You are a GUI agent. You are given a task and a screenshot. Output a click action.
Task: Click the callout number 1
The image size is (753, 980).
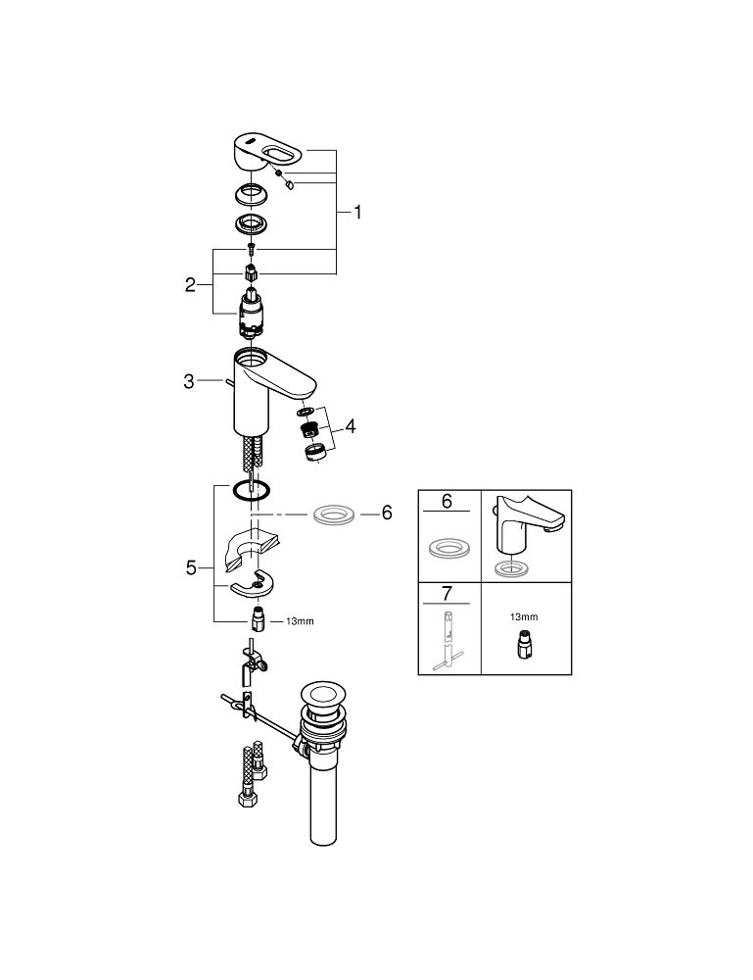pyautogui.click(x=358, y=212)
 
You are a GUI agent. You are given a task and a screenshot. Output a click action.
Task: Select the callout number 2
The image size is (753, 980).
pyautogui.click(x=191, y=285)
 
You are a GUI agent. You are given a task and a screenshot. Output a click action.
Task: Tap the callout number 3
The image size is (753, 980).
pyautogui.click(x=189, y=382)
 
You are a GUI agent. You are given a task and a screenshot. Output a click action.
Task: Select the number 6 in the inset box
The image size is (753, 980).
pyautogui.click(x=447, y=502)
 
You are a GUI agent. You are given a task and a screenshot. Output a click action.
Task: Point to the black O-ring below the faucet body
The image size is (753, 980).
pyautogui.click(x=252, y=490)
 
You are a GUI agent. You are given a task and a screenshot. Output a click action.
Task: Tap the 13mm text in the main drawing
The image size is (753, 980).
pyautogui.click(x=300, y=621)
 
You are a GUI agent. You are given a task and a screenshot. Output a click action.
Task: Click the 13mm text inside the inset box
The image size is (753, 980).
pyautogui.click(x=524, y=616)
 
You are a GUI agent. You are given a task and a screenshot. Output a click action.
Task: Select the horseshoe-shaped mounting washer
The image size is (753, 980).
pyautogui.click(x=252, y=586)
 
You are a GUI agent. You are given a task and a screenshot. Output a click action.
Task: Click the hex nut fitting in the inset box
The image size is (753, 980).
pyautogui.click(x=524, y=644)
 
